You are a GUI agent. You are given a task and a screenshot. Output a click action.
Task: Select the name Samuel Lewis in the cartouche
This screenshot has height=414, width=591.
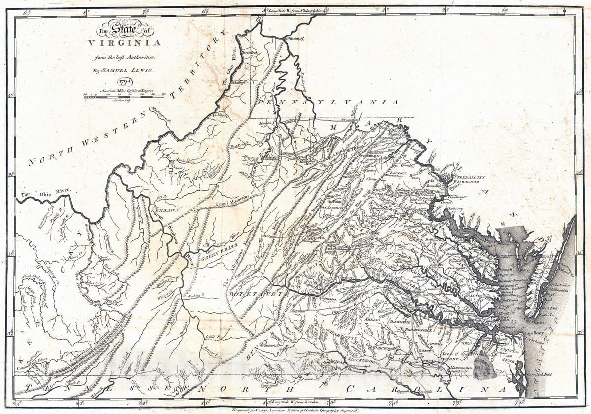pos(124,70)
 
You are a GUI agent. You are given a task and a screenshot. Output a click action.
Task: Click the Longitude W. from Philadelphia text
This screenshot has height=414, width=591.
pos(293,10)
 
